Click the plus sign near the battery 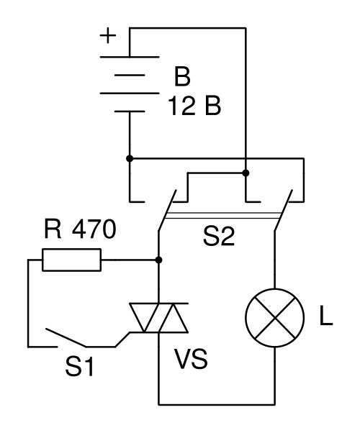[108, 36]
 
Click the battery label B [182, 76]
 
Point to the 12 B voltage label [194, 106]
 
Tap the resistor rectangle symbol [71, 260]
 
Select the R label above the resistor [53, 229]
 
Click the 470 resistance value [94, 229]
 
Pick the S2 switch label [219, 237]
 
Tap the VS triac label [191, 359]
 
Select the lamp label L [325, 316]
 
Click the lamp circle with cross [275, 318]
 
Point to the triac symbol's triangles [159, 318]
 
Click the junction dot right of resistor [158, 260]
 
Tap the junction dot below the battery [130, 158]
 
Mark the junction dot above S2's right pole [246, 173]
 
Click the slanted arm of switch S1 [66, 337]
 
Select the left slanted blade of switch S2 [167, 210]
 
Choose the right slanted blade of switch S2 [284, 210]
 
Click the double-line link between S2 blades [222, 216]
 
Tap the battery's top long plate [130, 57]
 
